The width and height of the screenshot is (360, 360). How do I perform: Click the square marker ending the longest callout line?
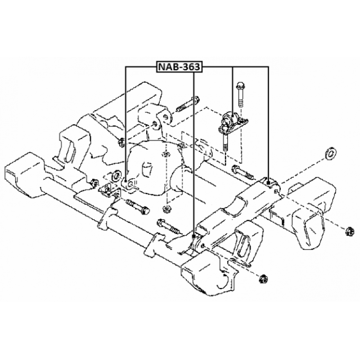coord(194,235)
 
